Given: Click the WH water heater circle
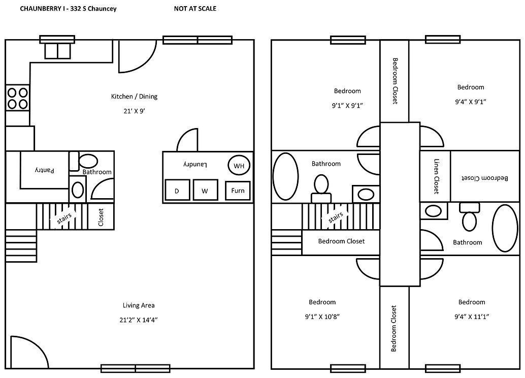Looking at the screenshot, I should (239, 165).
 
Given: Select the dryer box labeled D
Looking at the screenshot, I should (177, 191).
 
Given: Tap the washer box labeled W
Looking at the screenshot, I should (205, 191).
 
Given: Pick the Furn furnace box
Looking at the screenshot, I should (238, 191).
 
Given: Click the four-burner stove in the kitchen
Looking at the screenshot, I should (17, 98).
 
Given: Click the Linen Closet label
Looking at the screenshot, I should (436, 176).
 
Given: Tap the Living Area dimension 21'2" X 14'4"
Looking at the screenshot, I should (139, 320).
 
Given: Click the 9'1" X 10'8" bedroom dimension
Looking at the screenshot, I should (322, 316).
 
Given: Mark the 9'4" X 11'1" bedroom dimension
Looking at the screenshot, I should (471, 316).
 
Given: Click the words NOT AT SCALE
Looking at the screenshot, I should (195, 9).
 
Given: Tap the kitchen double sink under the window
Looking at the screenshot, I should (57, 51).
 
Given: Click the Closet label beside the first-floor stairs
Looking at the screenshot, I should (101, 217).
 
